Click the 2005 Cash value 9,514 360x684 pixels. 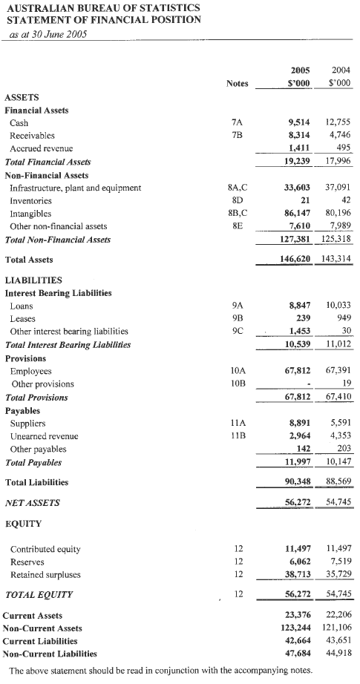tap(298, 123)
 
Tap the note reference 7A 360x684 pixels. tap(237, 123)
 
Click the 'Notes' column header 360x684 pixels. tap(237, 84)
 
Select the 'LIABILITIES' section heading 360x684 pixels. tap(33, 280)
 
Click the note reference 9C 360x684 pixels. tap(237, 331)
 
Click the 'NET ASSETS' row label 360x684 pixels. tap(32, 503)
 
